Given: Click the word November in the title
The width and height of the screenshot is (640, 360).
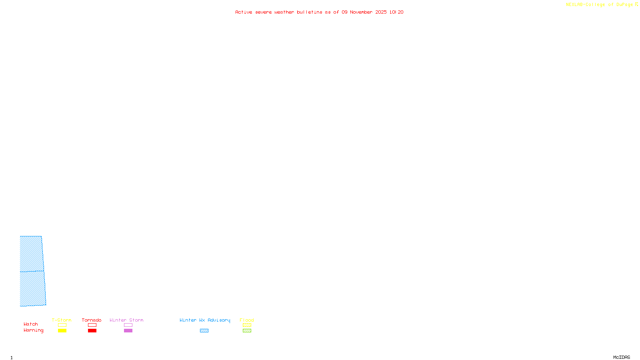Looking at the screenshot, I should click(x=361, y=12).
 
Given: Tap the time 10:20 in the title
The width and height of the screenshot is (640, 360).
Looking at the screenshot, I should click(x=396, y=12).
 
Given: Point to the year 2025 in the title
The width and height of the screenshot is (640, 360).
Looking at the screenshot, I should click(x=381, y=12).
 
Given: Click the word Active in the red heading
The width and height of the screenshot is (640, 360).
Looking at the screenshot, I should click(x=244, y=12).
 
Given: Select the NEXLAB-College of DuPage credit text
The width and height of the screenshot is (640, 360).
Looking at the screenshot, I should click(x=599, y=4).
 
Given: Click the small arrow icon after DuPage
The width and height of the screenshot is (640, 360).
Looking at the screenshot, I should click(x=636, y=4).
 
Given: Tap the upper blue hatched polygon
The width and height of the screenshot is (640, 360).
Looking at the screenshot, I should click(x=31, y=254).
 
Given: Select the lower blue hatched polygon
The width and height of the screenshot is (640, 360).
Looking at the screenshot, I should click(x=32, y=288).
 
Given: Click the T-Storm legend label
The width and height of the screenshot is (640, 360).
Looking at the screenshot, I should click(x=62, y=320).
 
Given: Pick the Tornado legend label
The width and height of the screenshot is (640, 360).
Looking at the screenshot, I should click(x=92, y=320).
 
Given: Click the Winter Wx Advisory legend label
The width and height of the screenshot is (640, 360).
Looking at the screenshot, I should click(x=205, y=320).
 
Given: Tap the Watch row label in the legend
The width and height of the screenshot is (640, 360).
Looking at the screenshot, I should click(x=31, y=324).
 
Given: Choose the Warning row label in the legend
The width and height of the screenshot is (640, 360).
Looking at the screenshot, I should click(x=33, y=330).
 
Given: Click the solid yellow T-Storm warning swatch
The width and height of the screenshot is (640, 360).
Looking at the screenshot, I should click(x=62, y=331).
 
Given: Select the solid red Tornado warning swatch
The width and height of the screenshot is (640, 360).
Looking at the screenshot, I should click(x=92, y=331).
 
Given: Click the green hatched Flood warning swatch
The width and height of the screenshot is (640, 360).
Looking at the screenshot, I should click(x=247, y=331).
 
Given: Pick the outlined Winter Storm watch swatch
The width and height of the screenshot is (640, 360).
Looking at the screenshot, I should click(x=128, y=325).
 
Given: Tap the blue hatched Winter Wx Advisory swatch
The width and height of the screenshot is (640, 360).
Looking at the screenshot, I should click(x=204, y=331).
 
